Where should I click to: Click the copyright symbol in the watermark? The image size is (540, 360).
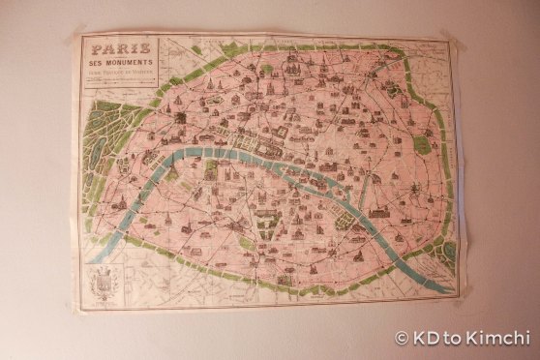(402, 339)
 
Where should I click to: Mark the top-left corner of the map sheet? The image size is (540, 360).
(74, 36)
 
